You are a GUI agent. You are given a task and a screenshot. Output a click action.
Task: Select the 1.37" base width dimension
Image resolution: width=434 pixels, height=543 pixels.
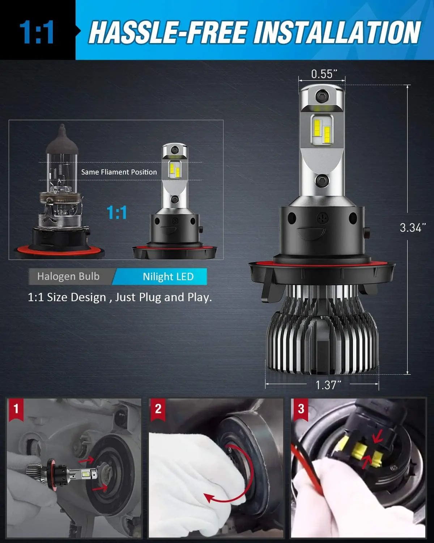(328, 385)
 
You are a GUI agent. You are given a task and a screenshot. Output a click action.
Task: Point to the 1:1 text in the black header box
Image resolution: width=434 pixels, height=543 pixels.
(37, 33)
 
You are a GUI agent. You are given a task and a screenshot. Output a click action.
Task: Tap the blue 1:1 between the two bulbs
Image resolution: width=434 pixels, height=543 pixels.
(117, 212)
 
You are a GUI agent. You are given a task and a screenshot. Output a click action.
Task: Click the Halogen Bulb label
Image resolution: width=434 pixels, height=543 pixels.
(68, 277)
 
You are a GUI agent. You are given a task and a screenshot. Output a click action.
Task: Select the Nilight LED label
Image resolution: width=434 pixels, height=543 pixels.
(168, 277)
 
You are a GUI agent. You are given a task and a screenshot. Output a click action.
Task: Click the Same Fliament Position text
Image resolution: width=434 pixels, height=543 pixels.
(119, 172)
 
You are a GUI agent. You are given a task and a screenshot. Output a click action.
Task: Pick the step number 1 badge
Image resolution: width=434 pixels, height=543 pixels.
(16, 409)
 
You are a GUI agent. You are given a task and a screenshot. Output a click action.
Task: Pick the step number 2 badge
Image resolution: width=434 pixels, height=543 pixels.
(158, 409)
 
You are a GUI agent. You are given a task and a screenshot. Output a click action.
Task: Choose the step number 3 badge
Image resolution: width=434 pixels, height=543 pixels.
(301, 409)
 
